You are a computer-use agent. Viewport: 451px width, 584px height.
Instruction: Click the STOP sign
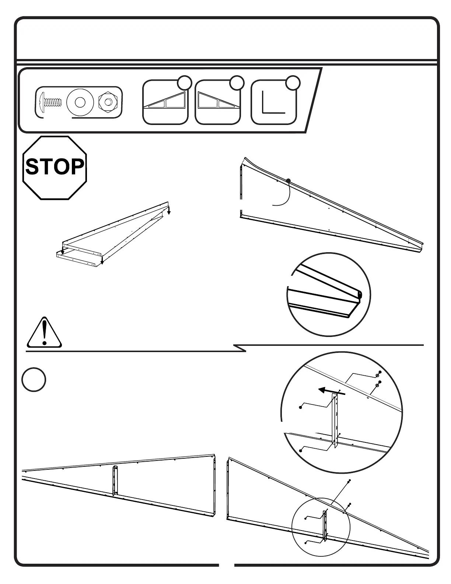(55, 168)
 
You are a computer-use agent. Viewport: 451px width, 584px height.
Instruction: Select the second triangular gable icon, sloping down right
(217, 101)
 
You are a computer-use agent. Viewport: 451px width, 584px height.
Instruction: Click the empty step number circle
(34, 380)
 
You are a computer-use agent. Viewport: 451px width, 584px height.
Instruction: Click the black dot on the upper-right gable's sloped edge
(288, 181)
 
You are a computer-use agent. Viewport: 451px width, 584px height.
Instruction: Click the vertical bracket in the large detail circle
(335, 420)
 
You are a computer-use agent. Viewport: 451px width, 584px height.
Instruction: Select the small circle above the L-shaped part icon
(293, 83)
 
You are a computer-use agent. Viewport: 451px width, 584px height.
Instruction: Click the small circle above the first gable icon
(184, 83)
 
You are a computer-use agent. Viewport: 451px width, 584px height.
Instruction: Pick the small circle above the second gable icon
(237, 83)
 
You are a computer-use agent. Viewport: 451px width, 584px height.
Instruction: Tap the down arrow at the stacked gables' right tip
(169, 211)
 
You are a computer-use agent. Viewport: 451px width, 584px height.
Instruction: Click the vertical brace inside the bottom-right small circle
(325, 525)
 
